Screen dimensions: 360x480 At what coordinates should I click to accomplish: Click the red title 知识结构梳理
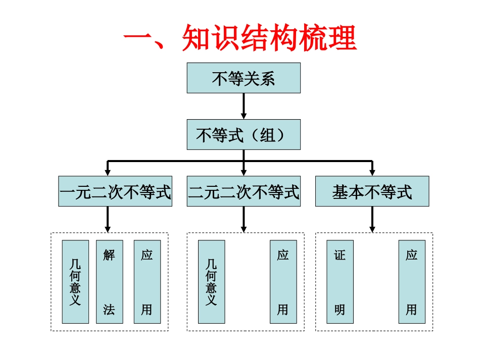(241, 38)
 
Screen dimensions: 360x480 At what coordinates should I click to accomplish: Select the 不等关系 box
(244, 78)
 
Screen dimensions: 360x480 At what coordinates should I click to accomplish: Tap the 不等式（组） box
(244, 135)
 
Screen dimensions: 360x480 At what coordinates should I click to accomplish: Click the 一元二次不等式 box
(115, 191)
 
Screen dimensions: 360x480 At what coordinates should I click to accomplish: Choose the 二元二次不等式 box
(244, 191)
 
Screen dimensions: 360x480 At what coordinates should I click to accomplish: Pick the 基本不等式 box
(372, 191)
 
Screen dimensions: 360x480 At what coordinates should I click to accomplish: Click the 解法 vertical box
(109, 282)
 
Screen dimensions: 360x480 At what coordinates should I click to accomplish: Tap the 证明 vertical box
(340, 282)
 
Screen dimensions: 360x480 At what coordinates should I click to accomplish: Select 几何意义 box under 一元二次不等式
(75, 282)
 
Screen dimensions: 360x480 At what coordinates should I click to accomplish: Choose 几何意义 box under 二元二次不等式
(211, 282)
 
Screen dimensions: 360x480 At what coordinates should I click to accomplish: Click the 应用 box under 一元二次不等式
(147, 282)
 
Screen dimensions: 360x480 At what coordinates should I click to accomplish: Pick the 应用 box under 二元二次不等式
(283, 282)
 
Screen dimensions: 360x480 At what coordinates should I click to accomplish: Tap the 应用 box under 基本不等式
(412, 282)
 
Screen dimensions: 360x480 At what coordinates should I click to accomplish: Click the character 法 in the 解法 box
(109, 310)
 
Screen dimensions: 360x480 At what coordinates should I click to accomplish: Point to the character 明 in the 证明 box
(340, 310)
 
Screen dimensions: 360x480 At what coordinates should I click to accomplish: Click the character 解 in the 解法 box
(109, 255)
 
